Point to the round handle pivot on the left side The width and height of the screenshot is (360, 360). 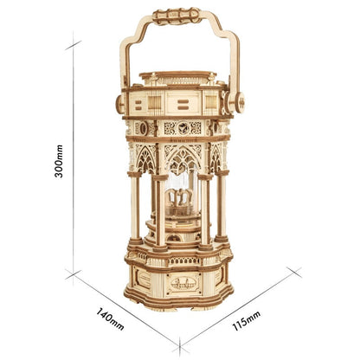(120, 103)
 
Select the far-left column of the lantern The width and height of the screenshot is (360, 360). (134, 208)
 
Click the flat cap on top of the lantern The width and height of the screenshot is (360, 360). (180, 76)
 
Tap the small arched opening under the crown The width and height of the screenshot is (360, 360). (181, 227)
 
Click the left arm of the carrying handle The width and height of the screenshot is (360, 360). (126, 56)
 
